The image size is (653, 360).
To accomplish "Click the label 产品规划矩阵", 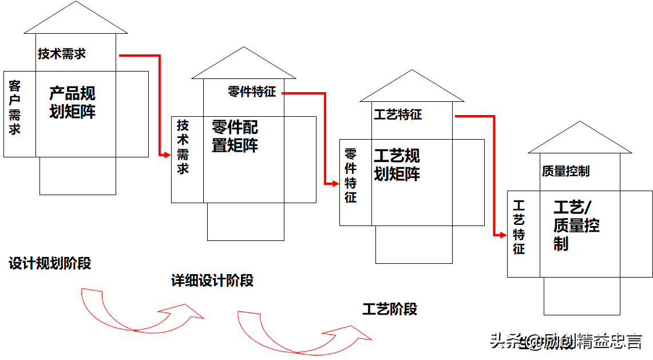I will (72, 102).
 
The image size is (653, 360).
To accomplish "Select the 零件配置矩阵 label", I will (235, 136).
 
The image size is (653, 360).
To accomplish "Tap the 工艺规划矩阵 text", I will (397, 165).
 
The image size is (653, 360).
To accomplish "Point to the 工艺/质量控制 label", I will (576, 225).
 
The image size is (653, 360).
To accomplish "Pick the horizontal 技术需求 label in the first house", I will (62, 54).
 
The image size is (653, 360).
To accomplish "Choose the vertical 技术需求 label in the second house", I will (183, 147).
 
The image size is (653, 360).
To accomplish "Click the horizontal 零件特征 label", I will (251, 92).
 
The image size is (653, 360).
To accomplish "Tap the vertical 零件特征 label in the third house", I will (350, 176).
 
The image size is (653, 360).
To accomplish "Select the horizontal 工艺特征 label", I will (398, 114).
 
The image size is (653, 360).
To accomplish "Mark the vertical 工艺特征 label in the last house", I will (519, 227).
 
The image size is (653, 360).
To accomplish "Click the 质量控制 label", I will (565, 171).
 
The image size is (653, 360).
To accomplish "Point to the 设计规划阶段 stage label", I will (50, 263).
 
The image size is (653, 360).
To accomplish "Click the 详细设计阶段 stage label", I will (212, 280).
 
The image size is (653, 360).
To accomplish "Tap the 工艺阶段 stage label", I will (390, 309).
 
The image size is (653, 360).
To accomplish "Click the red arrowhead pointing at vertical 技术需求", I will (167, 155).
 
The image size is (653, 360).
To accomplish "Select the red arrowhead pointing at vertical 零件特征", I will (335, 183).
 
